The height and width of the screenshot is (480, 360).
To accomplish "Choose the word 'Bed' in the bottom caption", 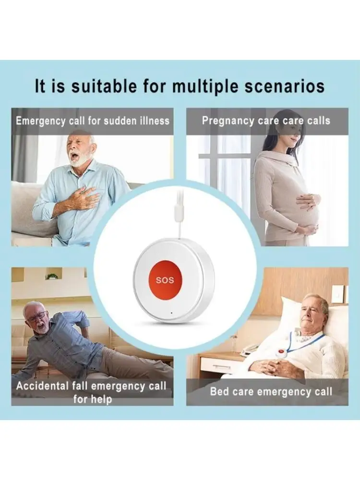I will point(219,391).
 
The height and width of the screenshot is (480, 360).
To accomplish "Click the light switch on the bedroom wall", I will point(338,294).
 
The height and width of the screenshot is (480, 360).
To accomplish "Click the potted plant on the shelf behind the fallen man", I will point(52,276).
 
